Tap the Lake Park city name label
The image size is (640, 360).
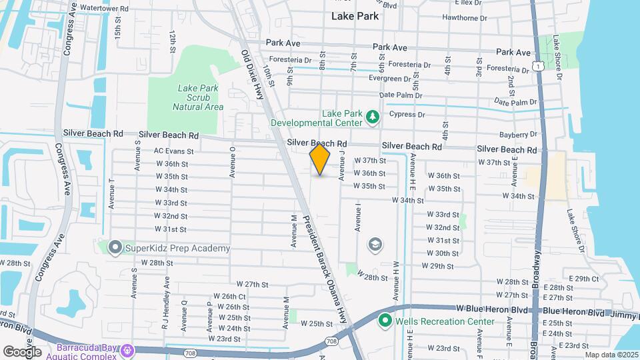(355, 17)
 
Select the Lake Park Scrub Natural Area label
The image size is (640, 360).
(197, 97)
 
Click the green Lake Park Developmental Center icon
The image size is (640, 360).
(373, 118)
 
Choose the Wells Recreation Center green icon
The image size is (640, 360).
(385, 321)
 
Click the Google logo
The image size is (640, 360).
(21, 351)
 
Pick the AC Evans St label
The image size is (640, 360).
(173, 151)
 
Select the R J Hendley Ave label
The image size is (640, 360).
(165, 294)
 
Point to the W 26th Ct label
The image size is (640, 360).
(229, 296)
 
